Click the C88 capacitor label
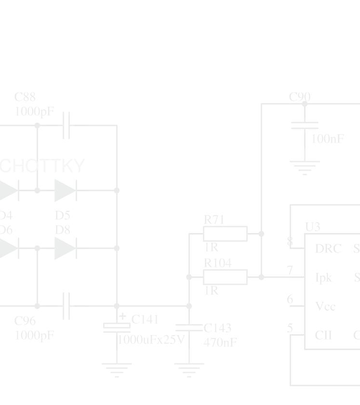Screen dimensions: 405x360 tap(25, 97)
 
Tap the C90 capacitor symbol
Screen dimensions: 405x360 tap(305, 125)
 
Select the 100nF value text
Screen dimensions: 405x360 tap(328, 139)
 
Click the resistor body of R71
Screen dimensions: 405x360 tap(225, 234)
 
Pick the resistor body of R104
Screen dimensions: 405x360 tap(225, 277)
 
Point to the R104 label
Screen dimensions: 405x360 tap(217, 263)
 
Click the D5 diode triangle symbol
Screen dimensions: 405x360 tap(65, 190)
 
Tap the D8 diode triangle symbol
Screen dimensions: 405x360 tap(65, 248)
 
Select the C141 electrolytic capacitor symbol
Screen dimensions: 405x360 tap(117, 327)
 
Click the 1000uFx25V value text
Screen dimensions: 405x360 tap(151, 340)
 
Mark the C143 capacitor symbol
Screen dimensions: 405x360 tap(189, 327)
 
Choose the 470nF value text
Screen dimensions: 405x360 tap(220, 342)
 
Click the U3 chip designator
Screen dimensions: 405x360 tap(313, 226)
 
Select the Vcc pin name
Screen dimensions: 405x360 tap(325, 307)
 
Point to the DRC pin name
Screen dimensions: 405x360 tap(328, 249)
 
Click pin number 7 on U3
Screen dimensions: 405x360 tap(290, 271)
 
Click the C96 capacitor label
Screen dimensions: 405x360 tap(25, 321)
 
